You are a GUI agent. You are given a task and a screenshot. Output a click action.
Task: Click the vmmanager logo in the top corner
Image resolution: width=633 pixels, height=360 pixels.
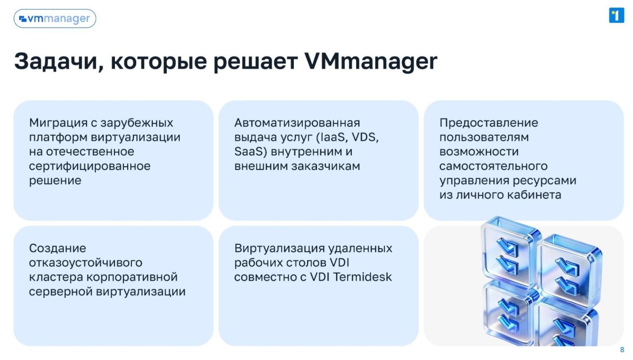55,18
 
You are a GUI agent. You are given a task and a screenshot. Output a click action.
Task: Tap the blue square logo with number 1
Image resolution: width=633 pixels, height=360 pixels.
616,15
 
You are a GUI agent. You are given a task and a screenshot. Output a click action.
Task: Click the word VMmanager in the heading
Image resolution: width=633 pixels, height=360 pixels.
371,61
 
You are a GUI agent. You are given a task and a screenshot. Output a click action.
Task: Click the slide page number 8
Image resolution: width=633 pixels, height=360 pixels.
622,350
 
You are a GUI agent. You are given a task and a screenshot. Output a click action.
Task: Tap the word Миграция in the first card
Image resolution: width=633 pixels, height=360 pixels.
58,124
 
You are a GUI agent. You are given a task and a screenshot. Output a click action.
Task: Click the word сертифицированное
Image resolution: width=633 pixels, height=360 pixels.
90,166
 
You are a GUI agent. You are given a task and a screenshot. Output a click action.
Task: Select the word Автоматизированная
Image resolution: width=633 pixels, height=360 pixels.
297,123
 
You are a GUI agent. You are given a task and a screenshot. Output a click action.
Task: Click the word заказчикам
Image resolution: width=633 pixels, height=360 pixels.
325,166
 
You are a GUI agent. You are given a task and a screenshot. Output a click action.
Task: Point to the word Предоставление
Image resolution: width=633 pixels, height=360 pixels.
489,123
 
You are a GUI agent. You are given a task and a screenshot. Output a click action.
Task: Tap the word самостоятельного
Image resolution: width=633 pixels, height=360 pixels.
493,166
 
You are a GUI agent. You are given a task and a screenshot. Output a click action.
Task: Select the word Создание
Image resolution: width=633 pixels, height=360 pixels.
57,249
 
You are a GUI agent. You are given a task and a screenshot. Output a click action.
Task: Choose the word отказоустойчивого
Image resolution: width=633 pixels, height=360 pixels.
85,263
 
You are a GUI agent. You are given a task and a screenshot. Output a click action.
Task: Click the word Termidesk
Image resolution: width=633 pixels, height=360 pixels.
362,277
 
